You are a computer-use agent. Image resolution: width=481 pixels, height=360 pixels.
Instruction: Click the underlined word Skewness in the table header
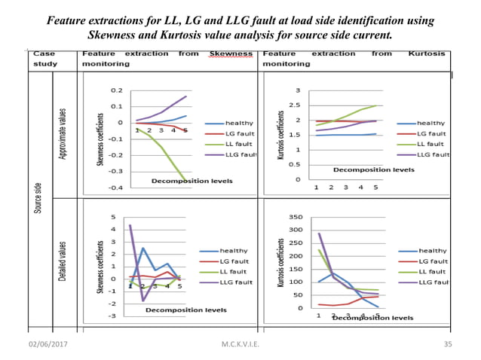(x=231, y=54)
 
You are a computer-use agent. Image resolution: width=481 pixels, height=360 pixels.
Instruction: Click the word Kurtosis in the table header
(x=426, y=54)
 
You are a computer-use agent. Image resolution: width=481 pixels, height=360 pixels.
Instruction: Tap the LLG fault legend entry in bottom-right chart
(x=434, y=282)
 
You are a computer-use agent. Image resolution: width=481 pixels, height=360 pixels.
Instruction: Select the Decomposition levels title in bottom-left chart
(x=185, y=310)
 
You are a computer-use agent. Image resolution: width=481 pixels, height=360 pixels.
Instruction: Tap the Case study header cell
(x=45, y=59)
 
